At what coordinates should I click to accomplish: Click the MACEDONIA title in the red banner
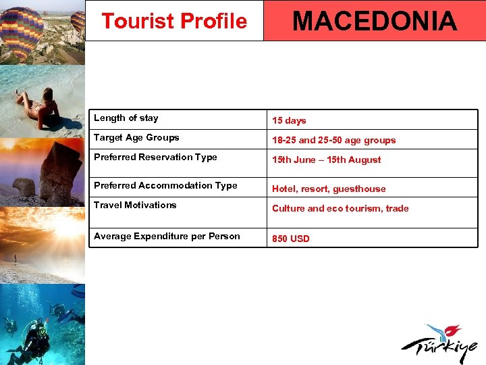(x=375, y=21)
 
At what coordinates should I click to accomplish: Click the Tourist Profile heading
(x=174, y=22)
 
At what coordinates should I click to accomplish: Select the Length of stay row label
(x=126, y=118)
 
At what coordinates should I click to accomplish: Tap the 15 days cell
(x=289, y=121)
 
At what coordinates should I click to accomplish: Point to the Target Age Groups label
(x=136, y=138)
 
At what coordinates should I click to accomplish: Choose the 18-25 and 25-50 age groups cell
(x=333, y=141)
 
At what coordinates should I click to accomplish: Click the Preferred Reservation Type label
(x=155, y=157)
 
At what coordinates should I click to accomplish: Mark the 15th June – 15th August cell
(x=326, y=160)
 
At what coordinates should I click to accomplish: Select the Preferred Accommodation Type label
(x=165, y=186)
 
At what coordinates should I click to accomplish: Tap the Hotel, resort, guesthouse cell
(x=329, y=189)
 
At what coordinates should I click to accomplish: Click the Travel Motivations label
(x=135, y=205)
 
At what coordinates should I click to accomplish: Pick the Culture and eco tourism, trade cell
(x=340, y=209)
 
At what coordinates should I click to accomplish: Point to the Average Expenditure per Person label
(x=167, y=237)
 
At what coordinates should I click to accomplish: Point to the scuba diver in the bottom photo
(x=30, y=341)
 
